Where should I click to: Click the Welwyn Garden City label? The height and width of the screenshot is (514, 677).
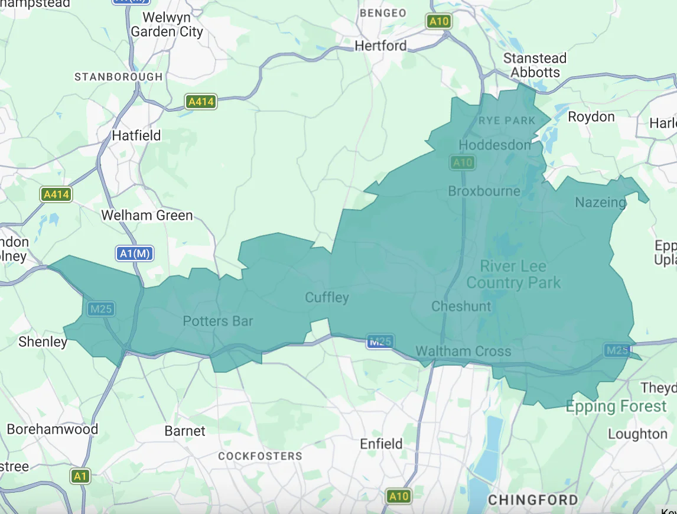pyautogui.click(x=167, y=24)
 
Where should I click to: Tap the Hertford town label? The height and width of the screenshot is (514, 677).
pyautogui.click(x=380, y=45)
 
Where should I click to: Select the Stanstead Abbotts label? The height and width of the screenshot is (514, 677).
pyautogui.click(x=535, y=65)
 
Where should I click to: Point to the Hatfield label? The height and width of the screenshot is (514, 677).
pyautogui.click(x=136, y=135)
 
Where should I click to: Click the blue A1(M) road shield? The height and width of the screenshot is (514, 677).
pyautogui.click(x=135, y=253)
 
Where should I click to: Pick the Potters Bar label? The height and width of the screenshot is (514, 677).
pyautogui.click(x=217, y=321)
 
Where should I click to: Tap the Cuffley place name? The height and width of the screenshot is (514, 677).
pyautogui.click(x=327, y=297)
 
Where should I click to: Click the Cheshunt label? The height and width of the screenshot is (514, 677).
pyautogui.click(x=461, y=306)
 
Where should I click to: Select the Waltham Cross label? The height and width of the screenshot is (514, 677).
pyautogui.click(x=463, y=352)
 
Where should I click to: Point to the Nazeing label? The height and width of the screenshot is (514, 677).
pyautogui.click(x=600, y=203)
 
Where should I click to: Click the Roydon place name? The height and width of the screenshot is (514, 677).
pyautogui.click(x=591, y=117)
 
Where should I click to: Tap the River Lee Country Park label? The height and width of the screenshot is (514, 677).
pyautogui.click(x=513, y=274)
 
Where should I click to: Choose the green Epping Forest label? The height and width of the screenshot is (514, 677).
pyautogui.click(x=616, y=406)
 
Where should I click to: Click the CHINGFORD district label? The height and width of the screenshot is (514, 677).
pyautogui.click(x=533, y=500)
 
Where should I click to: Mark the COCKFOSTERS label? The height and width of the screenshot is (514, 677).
pyautogui.click(x=260, y=456)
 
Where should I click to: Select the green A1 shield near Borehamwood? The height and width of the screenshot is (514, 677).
pyautogui.click(x=81, y=476)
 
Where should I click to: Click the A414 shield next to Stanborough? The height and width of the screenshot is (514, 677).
pyautogui.click(x=201, y=102)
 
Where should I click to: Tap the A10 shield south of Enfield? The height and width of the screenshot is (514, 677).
pyautogui.click(x=398, y=496)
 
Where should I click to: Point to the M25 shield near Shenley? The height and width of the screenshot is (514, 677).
pyautogui.click(x=101, y=308)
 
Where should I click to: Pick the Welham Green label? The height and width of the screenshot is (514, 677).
pyautogui.click(x=147, y=216)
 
